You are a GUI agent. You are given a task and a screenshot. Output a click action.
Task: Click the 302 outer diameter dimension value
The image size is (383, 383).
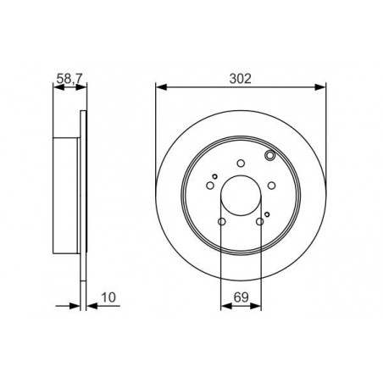point(240,79)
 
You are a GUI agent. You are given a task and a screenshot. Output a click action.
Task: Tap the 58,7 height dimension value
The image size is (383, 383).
point(69,78)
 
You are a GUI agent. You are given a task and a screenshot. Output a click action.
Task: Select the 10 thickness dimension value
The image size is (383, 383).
point(108,297)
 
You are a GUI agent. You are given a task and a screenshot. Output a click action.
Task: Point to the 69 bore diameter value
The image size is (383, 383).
point(241,297)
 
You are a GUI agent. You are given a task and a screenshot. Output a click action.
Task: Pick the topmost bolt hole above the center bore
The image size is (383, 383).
point(241,164)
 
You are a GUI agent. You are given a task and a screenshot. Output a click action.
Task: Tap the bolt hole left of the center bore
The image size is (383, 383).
point(210,186)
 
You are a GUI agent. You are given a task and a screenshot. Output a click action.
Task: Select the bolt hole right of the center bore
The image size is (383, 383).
point(271,186)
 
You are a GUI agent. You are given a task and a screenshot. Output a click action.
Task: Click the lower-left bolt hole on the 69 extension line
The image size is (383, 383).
point(222,222)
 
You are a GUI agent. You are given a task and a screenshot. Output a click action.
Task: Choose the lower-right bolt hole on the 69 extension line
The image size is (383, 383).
point(260,222)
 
